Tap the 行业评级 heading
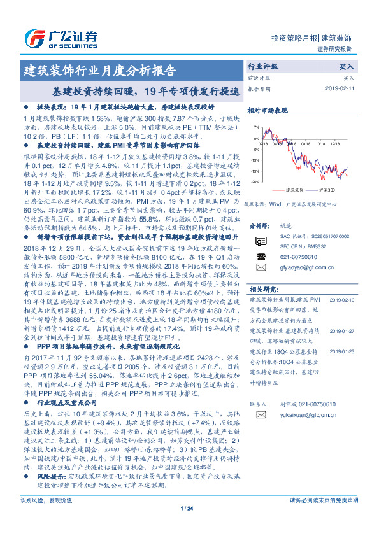(x=262, y=66)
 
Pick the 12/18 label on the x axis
(x=336, y=145)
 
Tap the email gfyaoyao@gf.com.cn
(x=297, y=269)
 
